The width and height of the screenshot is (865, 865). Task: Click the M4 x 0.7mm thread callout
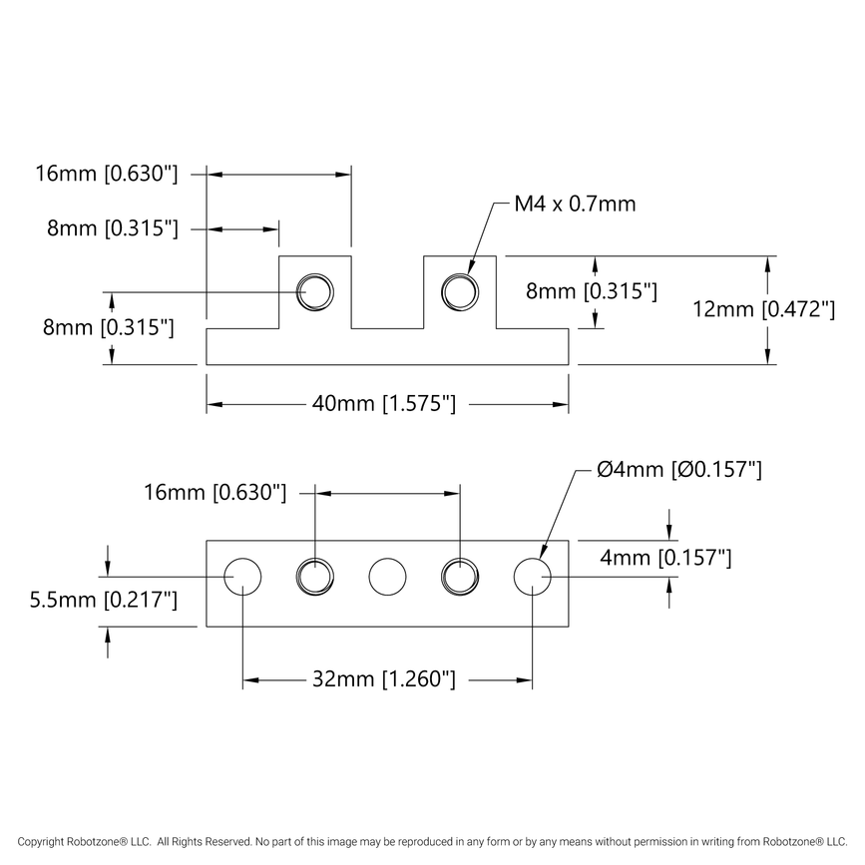(x=575, y=205)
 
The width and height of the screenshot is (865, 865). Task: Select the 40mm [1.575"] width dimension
(x=384, y=404)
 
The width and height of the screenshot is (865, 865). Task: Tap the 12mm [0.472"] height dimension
(x=763, y=310)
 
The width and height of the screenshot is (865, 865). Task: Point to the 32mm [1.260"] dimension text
(x=384, y=680)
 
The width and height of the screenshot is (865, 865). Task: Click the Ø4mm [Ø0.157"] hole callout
(x=679, y=469)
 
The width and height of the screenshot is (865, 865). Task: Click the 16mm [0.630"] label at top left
(x=107, y=174)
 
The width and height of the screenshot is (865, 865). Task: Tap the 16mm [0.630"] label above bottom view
(x=216, y=492)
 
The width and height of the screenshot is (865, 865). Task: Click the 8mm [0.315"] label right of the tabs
(x=592, y=291)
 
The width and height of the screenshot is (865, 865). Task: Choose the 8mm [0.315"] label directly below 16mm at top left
(x=113, y=228)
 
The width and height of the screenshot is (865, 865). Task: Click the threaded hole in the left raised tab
(x=315, y=291)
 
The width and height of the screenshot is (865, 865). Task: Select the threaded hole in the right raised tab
(x=460, y=291)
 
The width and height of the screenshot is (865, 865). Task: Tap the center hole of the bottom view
(x=387, y=577)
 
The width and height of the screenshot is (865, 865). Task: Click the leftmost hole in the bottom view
(x=242, y=577)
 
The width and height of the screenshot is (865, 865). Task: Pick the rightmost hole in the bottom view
(x=532, y=577)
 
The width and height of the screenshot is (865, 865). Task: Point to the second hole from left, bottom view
(x=315, y=577)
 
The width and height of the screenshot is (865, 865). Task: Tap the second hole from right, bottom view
(x=460, y=577)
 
